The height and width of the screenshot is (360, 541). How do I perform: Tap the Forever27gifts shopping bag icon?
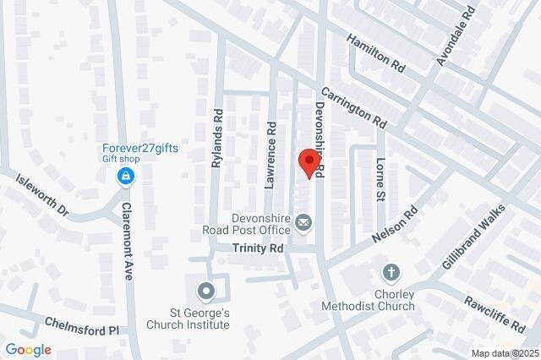[125, 176]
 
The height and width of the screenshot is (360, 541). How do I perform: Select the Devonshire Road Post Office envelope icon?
[303, 223]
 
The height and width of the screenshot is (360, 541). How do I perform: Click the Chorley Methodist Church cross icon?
[391, 272]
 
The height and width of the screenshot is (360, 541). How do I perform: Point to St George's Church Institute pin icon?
[205, 292]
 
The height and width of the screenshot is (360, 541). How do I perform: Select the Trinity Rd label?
[259, 249]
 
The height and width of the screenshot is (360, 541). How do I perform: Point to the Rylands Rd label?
[216, 139]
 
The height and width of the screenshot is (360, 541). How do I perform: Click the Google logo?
[28, 349]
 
